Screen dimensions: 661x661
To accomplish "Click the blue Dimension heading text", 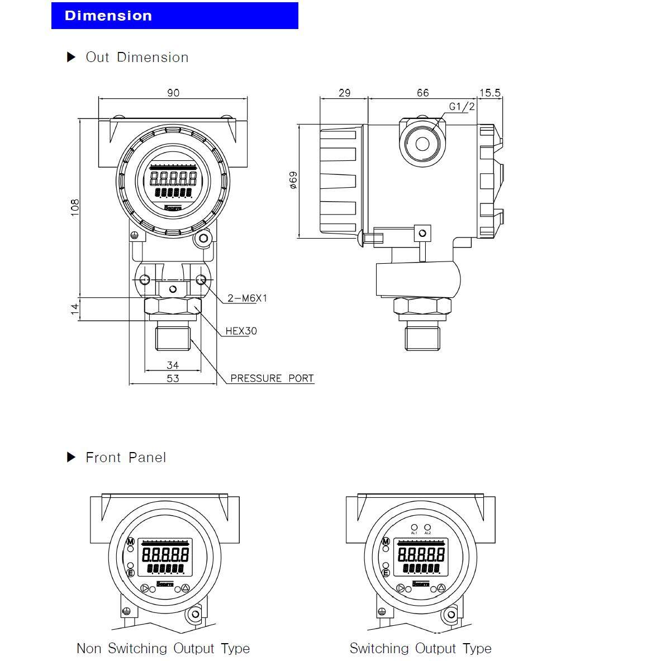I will (108, 16).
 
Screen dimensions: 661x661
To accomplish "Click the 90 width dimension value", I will (173, 93).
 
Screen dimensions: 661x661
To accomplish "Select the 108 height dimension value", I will (75, 207).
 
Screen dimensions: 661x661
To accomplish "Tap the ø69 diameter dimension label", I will (293, 180).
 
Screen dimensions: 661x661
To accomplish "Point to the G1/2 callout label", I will (462, 106).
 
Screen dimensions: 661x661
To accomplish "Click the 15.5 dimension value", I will (489, 93).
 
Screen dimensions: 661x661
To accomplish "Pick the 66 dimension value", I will (423, 93).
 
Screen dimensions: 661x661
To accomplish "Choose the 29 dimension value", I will (344, 93).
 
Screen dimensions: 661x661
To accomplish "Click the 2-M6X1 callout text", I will (247, 298).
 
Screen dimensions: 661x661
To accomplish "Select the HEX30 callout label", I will (241, 331).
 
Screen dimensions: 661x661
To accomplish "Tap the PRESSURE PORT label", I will (272, 378).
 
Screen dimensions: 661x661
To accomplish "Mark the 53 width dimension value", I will (173, 378).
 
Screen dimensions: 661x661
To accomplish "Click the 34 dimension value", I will (173, 365).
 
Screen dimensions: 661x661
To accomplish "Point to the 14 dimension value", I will (75, 309).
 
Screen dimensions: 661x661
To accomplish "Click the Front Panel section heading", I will (126, 458).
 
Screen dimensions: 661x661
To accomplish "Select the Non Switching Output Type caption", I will (163, 649).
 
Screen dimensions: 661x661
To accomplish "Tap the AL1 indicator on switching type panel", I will (414, 527).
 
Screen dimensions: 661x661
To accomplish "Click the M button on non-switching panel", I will (131, 541).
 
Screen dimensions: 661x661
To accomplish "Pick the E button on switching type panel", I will (386, 573).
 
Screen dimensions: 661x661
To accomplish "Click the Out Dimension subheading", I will (137, 58).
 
